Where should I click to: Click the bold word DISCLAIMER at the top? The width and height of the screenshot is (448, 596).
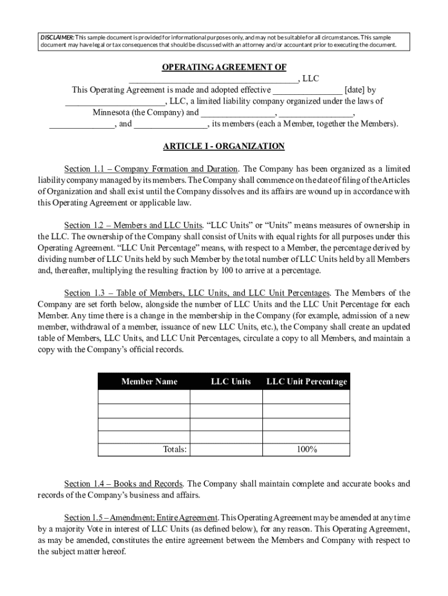[55, 37]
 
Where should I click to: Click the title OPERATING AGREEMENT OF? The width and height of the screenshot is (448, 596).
[223, 68]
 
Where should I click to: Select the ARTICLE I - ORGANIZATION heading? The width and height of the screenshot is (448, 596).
[223, 146]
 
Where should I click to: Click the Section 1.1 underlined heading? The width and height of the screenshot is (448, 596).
[151, 169]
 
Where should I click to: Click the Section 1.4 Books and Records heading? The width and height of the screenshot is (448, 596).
[124, 484]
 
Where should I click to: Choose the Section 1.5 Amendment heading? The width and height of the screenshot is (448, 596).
[141, 517]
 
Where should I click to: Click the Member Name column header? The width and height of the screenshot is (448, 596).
[149, 382]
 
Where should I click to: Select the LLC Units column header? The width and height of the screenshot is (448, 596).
[230, 382]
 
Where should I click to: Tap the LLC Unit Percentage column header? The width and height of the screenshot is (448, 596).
[306, 382]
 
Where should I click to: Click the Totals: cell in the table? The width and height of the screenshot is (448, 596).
[174, 449]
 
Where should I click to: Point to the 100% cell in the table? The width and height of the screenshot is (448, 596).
[305, 449]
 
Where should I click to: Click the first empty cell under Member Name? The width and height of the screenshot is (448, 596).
[144, 397]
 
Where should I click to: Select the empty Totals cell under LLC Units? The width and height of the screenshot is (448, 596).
[226, 449]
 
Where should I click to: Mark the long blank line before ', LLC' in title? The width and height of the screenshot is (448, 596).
[213, 79]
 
